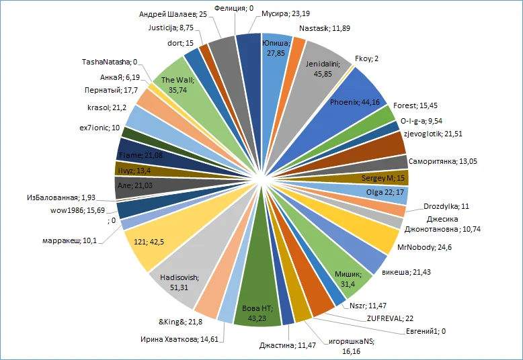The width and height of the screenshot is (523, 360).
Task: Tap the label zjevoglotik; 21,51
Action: point(433,134)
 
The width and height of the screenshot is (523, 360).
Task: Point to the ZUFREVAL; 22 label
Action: point(391,318)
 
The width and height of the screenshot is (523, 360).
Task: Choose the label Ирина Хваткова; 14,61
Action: point(179,339)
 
